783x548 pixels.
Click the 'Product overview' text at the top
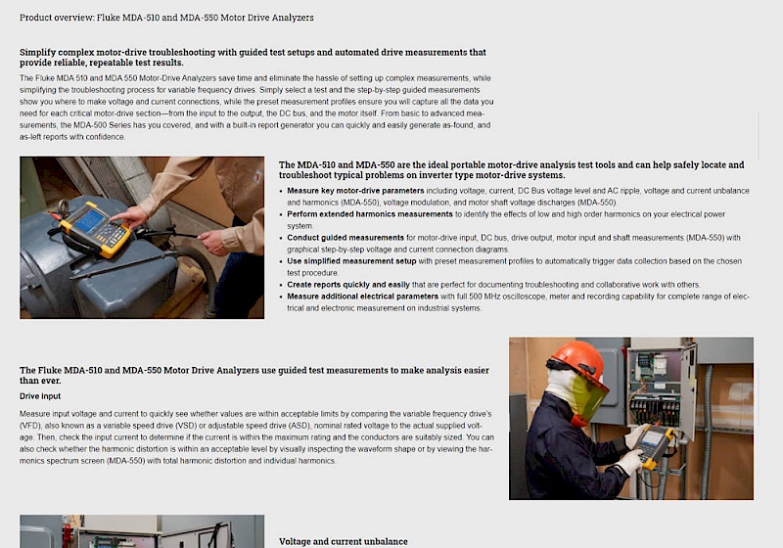point(57,18)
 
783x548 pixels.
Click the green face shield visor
point(589,395)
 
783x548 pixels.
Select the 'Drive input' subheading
point(40,396)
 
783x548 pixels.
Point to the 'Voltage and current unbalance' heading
point(344,541)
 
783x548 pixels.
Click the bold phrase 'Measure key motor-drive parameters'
point(355,191)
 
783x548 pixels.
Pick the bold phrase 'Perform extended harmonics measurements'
point(370,214)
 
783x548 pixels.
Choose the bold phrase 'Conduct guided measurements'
point(345,238)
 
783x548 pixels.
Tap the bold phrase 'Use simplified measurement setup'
point(351,261)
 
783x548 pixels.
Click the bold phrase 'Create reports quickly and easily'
point(348,285)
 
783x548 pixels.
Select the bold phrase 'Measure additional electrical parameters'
point(362,297)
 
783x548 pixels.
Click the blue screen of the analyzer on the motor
point(90,219)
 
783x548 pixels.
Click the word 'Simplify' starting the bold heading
point(37,53)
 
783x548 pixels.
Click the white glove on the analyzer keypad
point(630,462)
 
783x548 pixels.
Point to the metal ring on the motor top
point(63,207)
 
